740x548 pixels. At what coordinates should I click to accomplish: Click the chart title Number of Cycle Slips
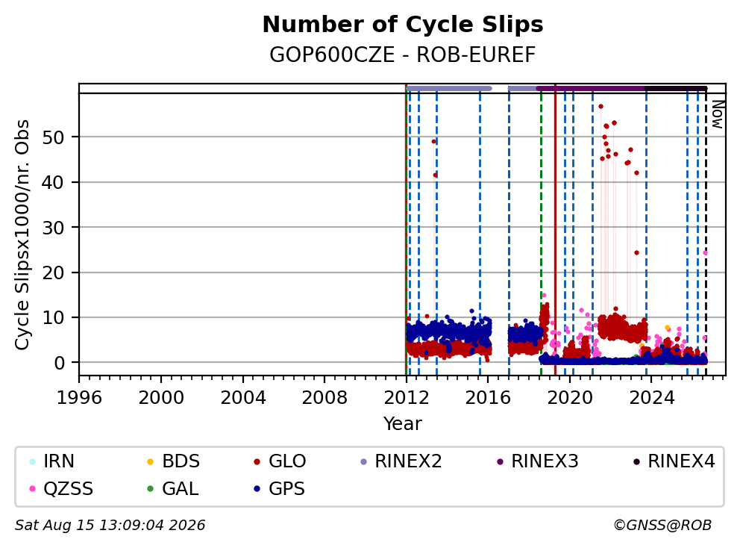403,25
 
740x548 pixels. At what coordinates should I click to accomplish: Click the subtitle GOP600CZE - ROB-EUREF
403,55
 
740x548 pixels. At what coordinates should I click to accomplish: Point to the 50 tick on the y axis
53,137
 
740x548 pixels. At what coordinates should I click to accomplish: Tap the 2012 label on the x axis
407,397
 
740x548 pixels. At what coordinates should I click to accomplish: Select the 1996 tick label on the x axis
79,397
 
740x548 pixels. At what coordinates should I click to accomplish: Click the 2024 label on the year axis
652,397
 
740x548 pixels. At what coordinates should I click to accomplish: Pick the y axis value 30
53,228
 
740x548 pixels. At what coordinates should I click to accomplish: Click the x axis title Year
403,424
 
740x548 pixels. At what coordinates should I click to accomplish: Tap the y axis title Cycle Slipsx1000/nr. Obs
22,234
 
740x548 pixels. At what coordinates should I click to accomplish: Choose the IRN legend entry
52,461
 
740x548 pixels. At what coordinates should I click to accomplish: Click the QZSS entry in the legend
61,488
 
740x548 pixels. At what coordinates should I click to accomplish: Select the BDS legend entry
174,461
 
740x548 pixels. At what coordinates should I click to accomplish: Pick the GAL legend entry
173,488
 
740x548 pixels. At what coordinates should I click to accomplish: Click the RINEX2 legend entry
401,461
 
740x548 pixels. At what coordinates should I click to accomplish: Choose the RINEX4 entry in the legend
674,461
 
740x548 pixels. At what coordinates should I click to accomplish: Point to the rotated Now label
718,114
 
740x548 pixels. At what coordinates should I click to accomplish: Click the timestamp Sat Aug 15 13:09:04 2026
110,526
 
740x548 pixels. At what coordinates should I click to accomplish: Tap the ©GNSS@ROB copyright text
662,526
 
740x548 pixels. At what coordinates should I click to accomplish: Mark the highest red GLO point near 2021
601,107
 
